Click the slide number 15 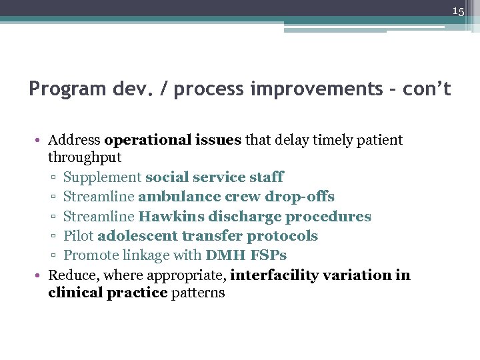457,11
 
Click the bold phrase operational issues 173,140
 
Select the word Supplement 102,177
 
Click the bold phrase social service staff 214,177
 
